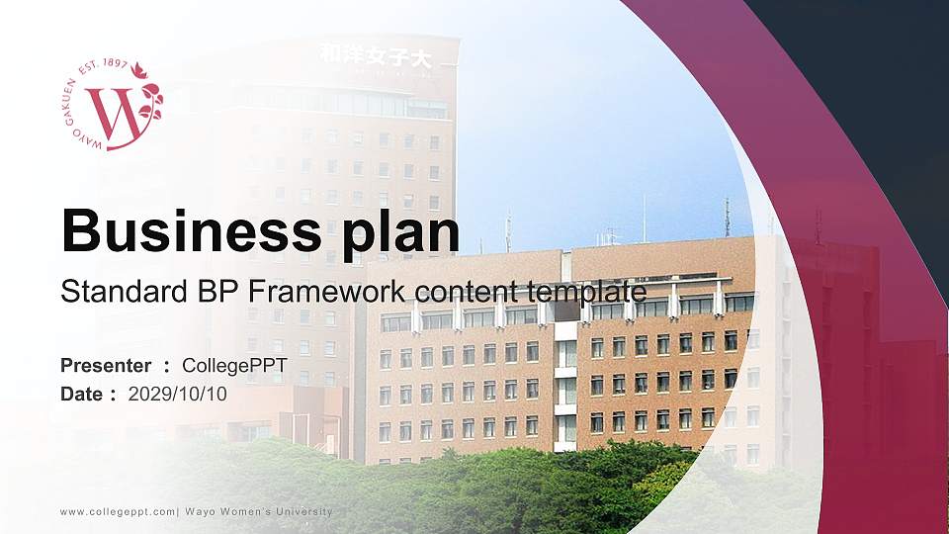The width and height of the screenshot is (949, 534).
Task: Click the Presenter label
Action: coord(106,367)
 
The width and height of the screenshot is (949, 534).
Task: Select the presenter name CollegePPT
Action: coord(241,367)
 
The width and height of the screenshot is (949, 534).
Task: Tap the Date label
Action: coord(82,394)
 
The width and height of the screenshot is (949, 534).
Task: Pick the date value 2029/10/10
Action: coord(178,394)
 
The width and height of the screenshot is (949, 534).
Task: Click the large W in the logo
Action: coord(113,117)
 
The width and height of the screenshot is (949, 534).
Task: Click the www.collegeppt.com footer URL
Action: coord(118,511)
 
